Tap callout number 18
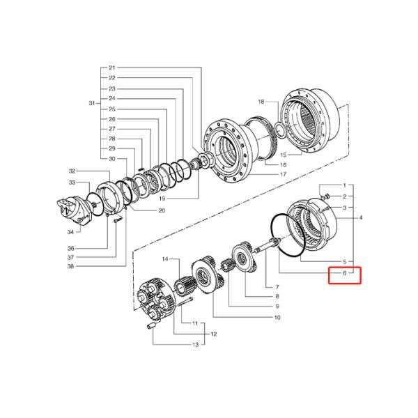(261, 102)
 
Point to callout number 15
(284, 154)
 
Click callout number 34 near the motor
(70, 232)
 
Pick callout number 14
(166, 259)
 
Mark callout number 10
(277, 318)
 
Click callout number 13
(196, 345)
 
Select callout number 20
(161, 210)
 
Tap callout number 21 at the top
(112, 68)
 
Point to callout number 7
(277, 287)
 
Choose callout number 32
(71, 171)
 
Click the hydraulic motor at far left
(76, 210)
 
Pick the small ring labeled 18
(279, 130)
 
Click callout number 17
(284, 173)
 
